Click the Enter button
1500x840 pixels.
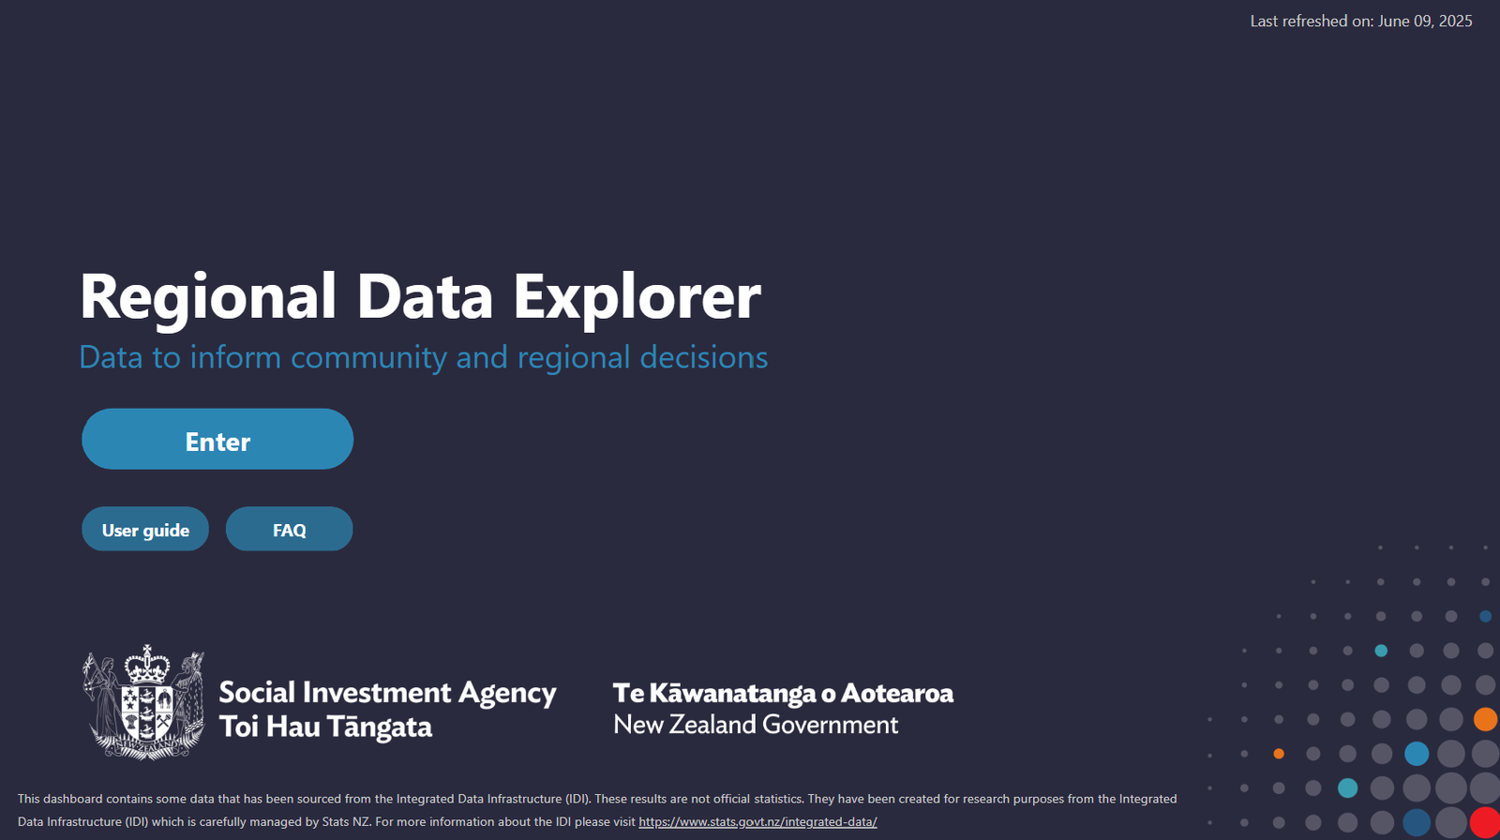217,439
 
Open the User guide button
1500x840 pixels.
145,529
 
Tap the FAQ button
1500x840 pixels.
290,529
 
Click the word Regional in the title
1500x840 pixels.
207,298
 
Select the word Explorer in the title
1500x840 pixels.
637,298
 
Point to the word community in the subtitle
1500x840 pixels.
368,357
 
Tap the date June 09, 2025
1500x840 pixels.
1425,21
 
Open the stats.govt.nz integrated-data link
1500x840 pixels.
757,822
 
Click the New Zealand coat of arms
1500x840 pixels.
143,703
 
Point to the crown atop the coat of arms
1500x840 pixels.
147,664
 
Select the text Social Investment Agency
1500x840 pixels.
387,693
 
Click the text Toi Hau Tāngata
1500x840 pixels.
325,727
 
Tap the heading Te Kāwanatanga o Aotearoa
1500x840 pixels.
783,694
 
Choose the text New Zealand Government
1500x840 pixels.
756,724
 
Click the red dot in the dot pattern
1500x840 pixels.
1485,823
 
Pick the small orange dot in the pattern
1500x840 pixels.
1279,754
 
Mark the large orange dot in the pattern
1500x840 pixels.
1485,719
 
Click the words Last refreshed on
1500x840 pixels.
1312,21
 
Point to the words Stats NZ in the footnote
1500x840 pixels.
346,822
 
